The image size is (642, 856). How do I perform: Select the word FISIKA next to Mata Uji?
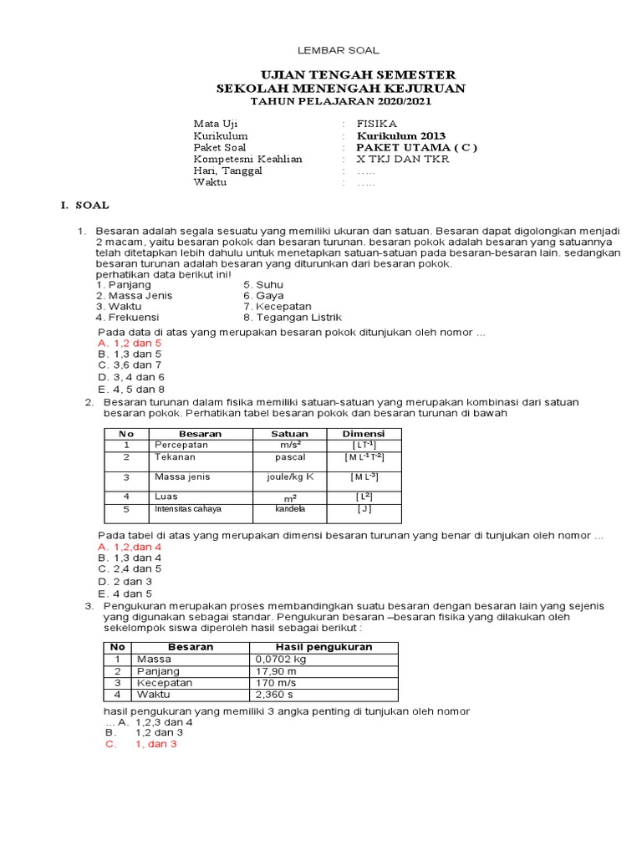coord(377,123)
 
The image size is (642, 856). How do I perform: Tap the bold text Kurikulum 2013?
coord(401,135)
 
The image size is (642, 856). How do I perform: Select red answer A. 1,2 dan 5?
coord(130,343)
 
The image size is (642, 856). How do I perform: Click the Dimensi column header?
coord(364,434)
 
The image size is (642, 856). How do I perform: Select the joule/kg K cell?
coord(288,476)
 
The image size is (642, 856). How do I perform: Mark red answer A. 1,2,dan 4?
coord(130,546)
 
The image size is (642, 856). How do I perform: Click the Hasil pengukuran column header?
coord(324,647)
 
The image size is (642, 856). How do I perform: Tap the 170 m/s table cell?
coord(275,682)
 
